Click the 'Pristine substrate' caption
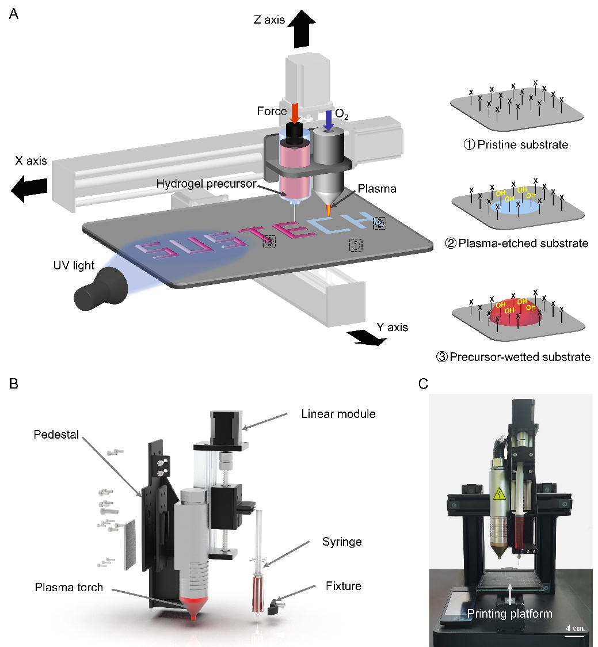point(517,144)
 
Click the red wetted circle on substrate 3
point(515,314)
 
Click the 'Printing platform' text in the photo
point(510,614)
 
